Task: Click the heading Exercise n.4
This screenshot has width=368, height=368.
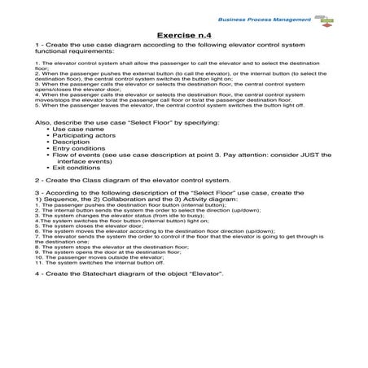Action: [x=184, y=35]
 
